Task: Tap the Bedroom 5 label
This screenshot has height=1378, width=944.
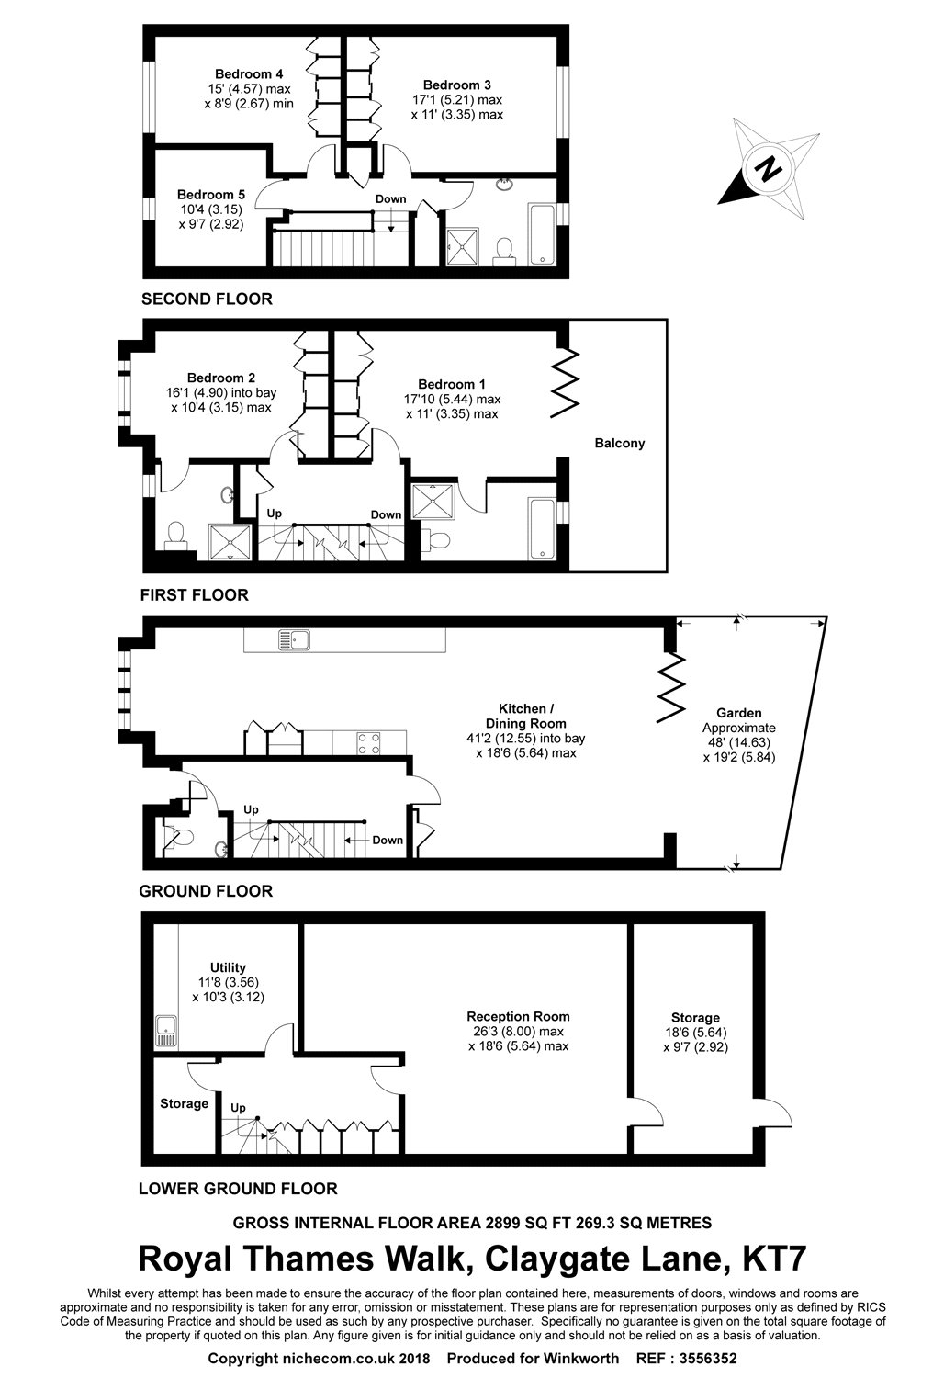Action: click(211, 195)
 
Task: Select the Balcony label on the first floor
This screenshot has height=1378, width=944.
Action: click(619, 443)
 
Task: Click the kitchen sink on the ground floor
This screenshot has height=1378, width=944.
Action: click(294, 639)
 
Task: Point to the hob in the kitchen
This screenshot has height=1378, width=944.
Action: click(369, 742)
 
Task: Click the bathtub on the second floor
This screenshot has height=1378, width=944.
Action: click(542, 234)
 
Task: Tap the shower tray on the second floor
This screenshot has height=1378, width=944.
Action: click(463, 247)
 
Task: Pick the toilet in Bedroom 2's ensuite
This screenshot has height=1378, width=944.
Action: click(176, 535)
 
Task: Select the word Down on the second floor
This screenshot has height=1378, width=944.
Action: click(391, 198)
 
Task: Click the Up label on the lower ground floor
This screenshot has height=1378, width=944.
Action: click(238, 1107)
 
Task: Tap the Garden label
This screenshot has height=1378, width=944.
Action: click(738, 713)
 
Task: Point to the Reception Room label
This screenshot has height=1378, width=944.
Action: click(518, 1016)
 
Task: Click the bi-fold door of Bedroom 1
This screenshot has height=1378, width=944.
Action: click(565, 384)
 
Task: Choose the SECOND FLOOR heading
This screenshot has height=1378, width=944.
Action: click(207, 299)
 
